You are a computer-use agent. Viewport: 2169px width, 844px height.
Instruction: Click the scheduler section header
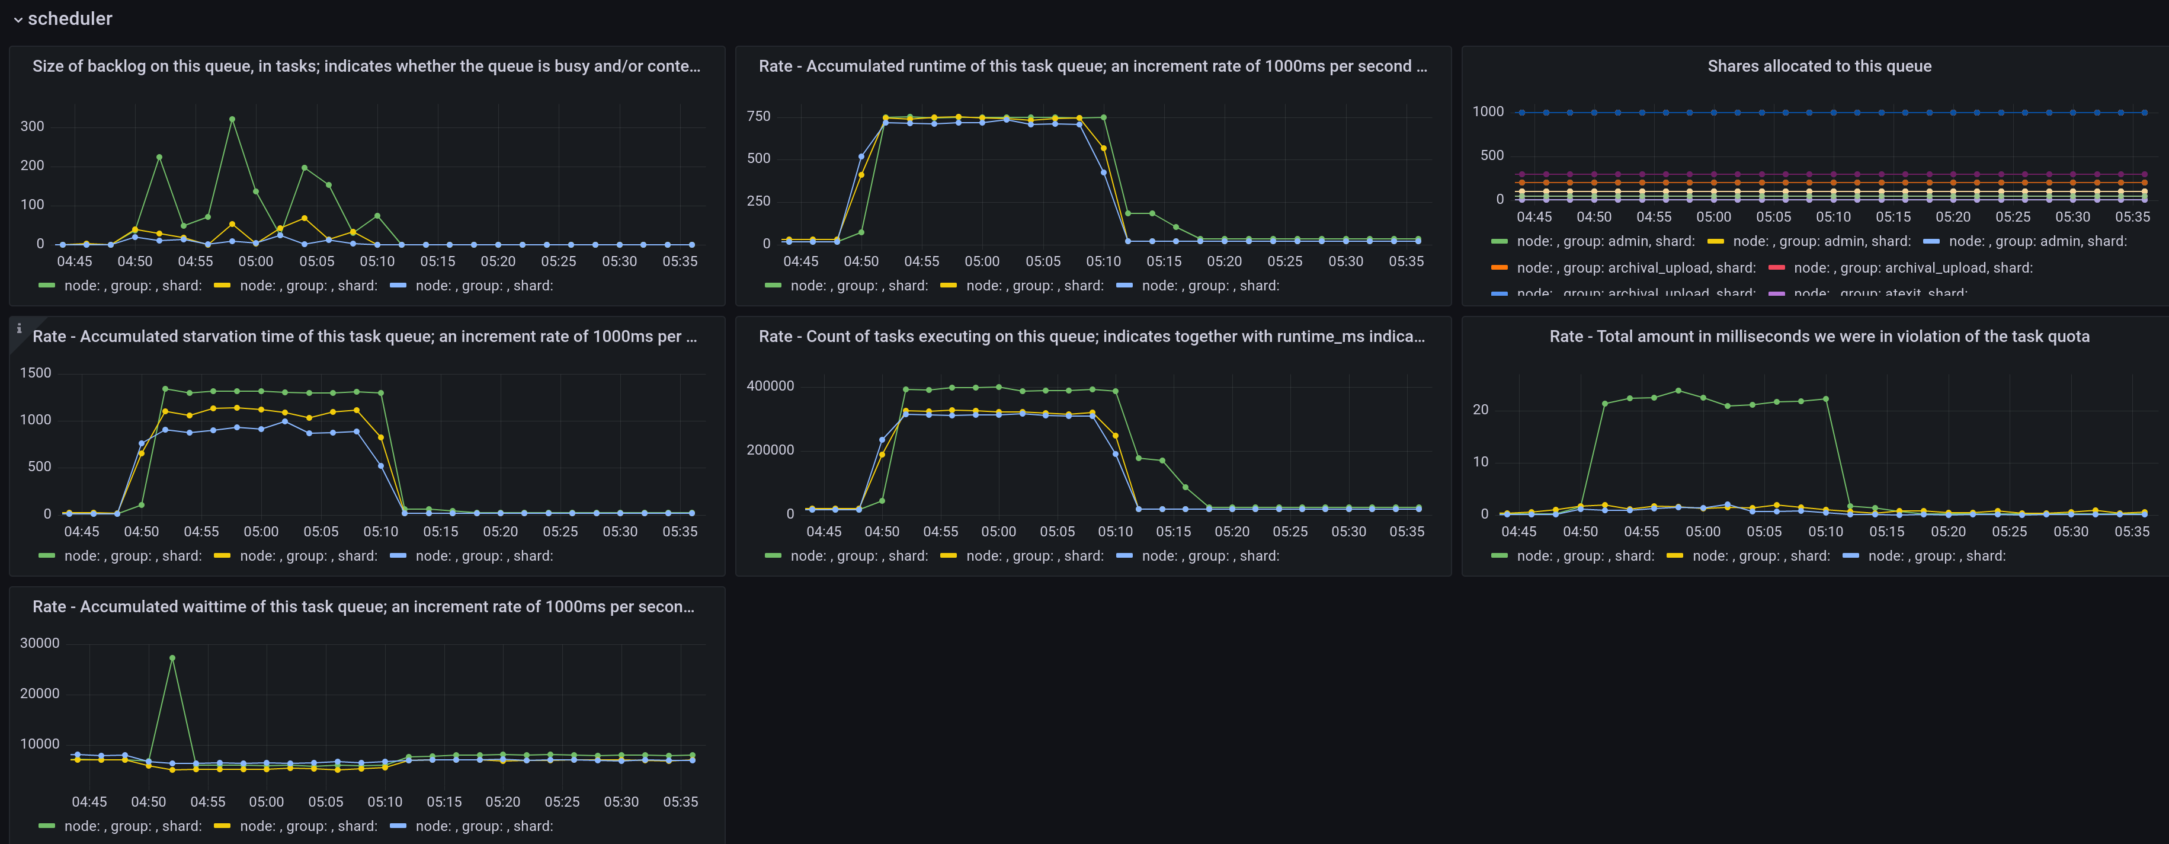pos(70,18)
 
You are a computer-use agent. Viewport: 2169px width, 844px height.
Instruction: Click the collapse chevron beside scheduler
pos(18,20)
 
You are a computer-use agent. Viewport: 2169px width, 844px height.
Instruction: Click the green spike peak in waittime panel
pos(172,658)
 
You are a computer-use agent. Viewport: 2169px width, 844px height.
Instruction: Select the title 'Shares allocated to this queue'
pos(1819,66)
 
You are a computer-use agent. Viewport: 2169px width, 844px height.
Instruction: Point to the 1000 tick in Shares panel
pos(1487,112)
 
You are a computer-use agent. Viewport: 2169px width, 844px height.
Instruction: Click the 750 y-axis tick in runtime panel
pos(758,116)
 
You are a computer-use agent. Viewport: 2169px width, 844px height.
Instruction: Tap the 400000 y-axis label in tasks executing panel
pos(770,386)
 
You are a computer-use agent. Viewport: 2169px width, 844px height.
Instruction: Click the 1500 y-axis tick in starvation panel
pos(36,372)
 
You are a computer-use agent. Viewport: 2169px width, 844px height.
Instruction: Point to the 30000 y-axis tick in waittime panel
pos(40,642)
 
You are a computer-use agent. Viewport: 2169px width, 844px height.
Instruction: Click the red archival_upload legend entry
pos(1911,268)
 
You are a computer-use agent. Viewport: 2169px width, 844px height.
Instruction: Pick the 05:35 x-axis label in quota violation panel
pos(2131,532)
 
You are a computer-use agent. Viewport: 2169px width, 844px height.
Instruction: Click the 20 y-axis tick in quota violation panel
pos(1480,410)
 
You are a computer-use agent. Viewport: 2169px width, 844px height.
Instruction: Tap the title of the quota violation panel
pos(1819,336)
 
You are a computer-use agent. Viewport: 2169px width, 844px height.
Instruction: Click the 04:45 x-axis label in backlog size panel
pos(74,261)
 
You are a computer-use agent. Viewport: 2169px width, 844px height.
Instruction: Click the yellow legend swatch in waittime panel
pos(222,826)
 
